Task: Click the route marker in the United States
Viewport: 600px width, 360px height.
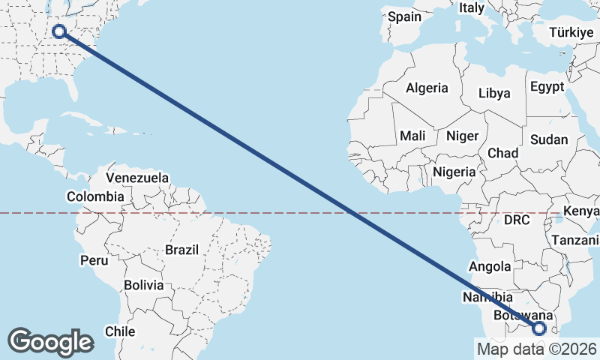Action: [x=58, y=31]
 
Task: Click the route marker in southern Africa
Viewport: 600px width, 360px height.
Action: [x=540, y=328]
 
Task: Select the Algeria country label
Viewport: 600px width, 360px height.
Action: [x=427, y=88]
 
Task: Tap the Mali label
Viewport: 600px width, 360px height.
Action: [x=412, y=136]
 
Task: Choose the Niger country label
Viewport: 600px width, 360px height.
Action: [x=461, y=136]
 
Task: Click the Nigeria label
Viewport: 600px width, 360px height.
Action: [x=454, y=172]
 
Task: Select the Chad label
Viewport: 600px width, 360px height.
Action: [x=502, y=153]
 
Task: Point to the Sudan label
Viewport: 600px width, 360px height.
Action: [x=548, y=140]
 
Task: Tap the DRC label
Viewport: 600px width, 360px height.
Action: [x=516, y=220]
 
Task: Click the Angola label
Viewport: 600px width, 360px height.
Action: [x=489, y=266]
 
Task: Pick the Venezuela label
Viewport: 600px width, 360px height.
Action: [x=137, y=178]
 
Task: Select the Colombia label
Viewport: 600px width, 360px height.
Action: [x=95, y=196]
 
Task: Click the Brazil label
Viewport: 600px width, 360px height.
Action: [x=181, y=249]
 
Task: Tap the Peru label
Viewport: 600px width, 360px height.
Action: [x=94, y=261]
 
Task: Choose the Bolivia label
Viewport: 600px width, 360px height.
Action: [x=143, y=285]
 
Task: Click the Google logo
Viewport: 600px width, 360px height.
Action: [x=50, y=342]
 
